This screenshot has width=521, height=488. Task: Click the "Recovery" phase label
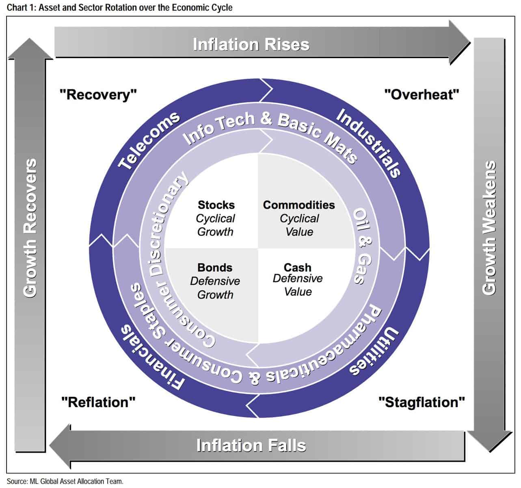98,95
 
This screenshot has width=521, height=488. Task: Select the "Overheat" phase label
422,95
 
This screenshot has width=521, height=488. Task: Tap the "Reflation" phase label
98,402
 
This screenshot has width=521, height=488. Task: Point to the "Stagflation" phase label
422,402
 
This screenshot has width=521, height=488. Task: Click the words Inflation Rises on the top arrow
251,44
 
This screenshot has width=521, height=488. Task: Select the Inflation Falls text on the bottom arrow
251,445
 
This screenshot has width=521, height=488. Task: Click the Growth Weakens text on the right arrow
490,228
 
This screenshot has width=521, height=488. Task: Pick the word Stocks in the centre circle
216,205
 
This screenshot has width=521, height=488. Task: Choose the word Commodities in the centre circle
299,205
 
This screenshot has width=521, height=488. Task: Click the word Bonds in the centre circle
215,268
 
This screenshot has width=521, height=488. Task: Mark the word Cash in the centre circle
298,268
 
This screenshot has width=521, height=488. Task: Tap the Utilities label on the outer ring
374,351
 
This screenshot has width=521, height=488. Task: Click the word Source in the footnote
16,481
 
